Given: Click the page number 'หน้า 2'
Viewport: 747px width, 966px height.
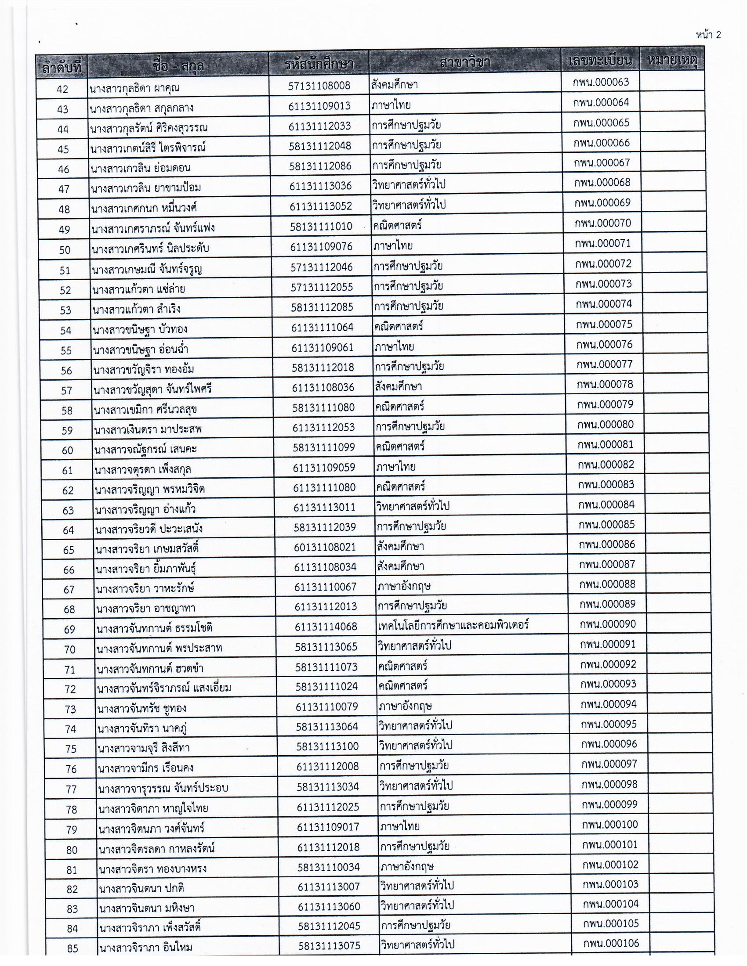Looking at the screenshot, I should point(708,35).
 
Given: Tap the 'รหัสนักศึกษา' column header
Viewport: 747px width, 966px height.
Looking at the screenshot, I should point(319,65).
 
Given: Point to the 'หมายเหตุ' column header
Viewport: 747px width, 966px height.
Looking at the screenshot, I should point(672,60).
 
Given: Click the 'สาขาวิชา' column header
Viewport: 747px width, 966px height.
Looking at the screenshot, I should point(464,63).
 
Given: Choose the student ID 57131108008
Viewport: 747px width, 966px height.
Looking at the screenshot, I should point(319,85).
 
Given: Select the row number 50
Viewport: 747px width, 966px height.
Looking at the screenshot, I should point(65,250).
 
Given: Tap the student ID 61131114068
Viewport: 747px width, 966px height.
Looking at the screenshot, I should point(326,626).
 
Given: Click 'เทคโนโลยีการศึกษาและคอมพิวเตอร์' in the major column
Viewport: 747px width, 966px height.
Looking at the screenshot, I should point(453,625).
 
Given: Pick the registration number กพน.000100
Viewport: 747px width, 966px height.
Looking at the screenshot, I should point(610,824).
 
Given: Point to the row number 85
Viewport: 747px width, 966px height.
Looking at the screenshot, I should point(73,948).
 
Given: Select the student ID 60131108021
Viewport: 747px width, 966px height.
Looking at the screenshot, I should point(325,547).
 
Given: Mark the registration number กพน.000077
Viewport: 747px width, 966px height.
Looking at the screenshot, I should point(605,364).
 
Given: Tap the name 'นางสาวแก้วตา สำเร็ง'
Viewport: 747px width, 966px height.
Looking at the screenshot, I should point(136,309).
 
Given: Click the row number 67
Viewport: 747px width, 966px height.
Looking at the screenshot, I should point(69,590).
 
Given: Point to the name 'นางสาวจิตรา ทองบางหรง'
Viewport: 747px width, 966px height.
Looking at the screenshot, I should point(152,869).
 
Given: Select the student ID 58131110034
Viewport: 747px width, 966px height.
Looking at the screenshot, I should point(328,867).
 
